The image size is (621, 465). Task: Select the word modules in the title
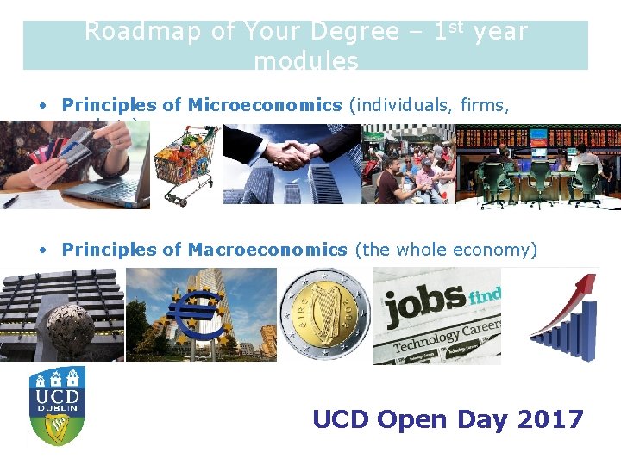306,61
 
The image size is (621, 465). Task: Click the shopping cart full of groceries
186,164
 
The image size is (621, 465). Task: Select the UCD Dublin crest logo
57,405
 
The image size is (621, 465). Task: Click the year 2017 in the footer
551,419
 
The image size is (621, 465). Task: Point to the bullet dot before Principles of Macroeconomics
41,251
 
